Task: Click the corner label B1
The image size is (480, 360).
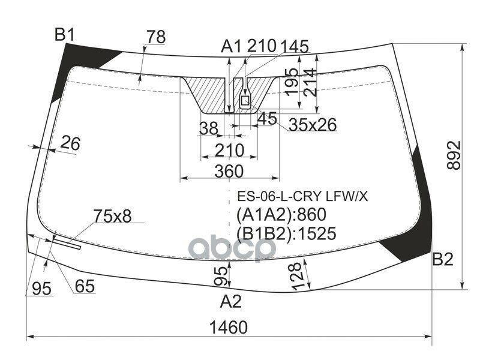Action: click(x=65, y=35)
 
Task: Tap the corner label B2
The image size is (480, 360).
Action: click(x=443, y=259)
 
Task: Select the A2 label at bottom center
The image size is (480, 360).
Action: click(x=231, y=301)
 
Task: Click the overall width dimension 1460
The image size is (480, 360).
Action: click(x=229, y=327)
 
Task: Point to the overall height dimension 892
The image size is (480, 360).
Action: click(x=454, y=155)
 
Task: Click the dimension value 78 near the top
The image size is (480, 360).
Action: click(x=156, y=37)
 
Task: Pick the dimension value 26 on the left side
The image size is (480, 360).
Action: click(x=70, y=143)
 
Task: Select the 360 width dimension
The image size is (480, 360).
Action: click(x=229, y=171)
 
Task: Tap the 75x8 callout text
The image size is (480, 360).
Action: click(x=112, y=216)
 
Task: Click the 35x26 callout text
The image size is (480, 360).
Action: click(x=313, y=125)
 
